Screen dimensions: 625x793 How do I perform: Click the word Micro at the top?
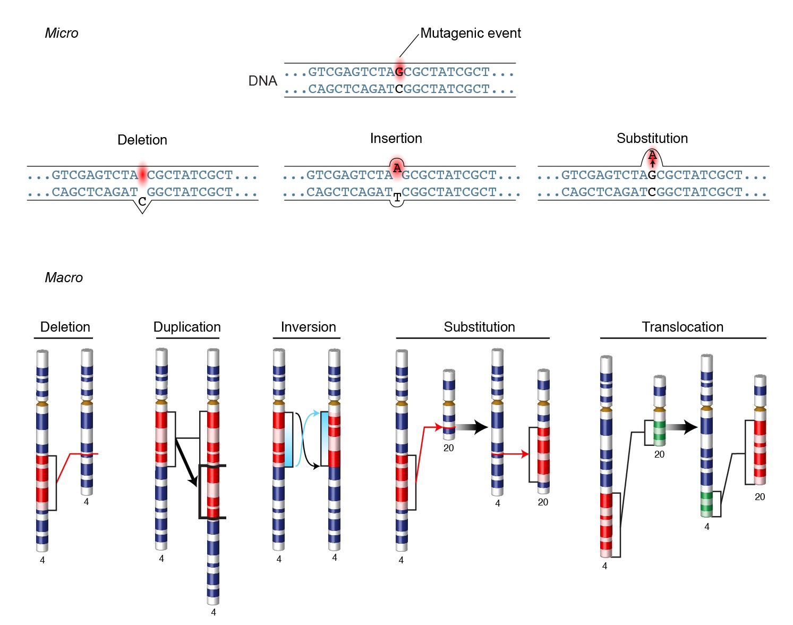click(61, 33)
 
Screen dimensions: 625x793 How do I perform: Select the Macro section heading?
click(64, 277)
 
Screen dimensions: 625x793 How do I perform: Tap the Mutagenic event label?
click(470, 33)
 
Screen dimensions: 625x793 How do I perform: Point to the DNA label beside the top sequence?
click(262, 81)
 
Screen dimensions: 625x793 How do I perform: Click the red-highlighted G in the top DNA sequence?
click(399, 72)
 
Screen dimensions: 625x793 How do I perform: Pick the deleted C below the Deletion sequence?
click(142, 202)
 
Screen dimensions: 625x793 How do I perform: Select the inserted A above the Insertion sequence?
click(397, 168)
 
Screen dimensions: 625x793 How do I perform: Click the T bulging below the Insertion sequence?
click(397, 199)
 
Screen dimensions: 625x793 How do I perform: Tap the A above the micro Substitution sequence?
click(652, 155)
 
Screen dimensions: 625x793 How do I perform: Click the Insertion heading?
click(396, 138)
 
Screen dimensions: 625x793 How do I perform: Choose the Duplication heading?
click(187, 327)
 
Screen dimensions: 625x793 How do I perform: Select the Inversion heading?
click(308, 327)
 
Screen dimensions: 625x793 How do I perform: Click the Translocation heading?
click(683, 327)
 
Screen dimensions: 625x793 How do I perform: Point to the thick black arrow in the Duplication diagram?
click(187, 461)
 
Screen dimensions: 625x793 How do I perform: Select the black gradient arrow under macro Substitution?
click(472, 427)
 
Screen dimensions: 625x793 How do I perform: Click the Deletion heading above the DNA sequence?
click(142, 140)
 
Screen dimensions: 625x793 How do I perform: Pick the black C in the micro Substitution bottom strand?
click(652, 192)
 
